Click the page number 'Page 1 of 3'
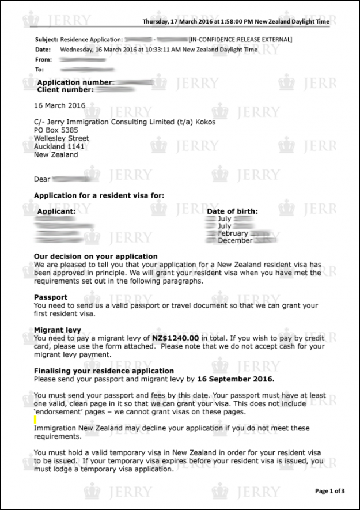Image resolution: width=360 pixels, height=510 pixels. (329, 491)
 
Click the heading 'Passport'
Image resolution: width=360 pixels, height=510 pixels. (51, 297)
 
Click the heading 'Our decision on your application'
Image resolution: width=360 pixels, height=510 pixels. (96, 256)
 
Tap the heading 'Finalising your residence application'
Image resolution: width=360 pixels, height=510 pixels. (104, 371)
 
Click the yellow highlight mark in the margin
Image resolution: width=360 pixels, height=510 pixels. (36, 420)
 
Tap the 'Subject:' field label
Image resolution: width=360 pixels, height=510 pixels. (47, 40)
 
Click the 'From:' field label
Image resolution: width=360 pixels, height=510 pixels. (43, 59)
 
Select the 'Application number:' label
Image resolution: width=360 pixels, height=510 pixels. (75, 83)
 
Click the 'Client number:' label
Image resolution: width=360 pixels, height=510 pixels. (65, 90)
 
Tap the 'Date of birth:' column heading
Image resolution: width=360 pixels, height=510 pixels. (233, 211)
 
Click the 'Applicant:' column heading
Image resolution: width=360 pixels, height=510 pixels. (56, 211)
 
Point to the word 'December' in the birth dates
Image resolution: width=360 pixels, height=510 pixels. (234, 241)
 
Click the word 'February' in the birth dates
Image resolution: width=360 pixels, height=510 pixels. (233, 233)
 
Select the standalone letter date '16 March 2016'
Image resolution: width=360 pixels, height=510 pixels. (59, 106)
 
